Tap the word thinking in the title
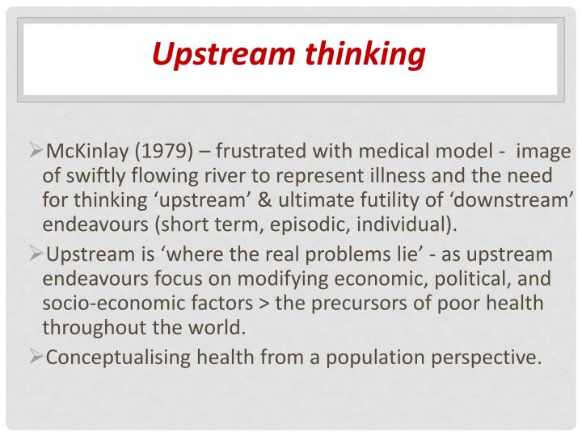pyautogui.click(x=365, y=54)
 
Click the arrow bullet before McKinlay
pyautogui.click(x=36, y=151)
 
